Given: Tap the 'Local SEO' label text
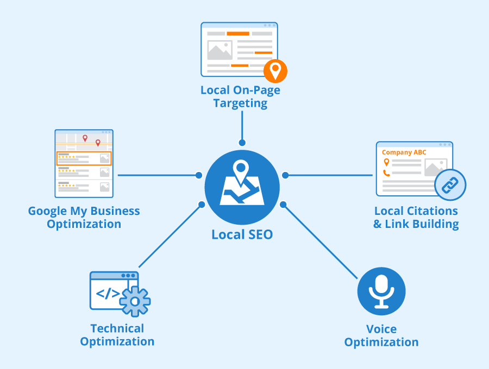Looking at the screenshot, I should coord(242,235).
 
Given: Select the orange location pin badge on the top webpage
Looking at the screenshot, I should coord(275,71).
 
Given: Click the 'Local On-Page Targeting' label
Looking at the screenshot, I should coord(240,97).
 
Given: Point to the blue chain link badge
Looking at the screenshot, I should coord(450,185).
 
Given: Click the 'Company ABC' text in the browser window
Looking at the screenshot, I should coord(404,152).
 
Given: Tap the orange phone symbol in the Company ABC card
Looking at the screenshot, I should coord(386,173).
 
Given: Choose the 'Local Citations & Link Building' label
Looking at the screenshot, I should coord(416,217).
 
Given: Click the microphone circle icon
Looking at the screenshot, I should coord(381,291).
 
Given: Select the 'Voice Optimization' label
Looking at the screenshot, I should coord(381,335).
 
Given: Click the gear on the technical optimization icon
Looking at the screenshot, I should coord(135,301).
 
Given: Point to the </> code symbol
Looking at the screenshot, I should coord(108,294).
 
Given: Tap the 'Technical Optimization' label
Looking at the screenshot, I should coord(117,335).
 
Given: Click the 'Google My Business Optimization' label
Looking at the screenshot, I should coord(84,217).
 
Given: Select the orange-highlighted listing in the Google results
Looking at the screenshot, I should coord(84,158).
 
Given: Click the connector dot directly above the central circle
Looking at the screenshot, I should coord(242,143).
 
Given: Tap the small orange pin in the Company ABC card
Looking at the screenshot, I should coord(386,162).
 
